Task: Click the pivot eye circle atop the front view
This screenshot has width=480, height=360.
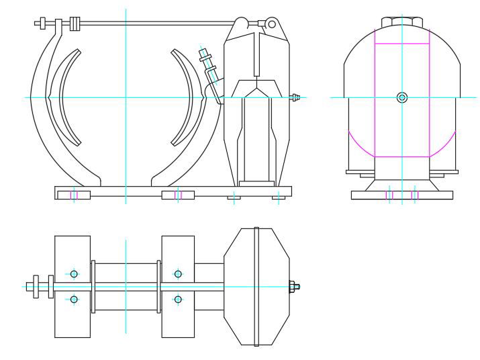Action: point(271,24)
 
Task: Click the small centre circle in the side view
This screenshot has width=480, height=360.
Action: point(401,97)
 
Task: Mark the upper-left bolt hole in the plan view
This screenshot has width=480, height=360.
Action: point(74,273)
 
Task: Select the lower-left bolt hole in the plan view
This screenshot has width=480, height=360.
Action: point(74,299)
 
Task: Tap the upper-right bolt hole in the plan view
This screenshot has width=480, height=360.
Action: point(178,273)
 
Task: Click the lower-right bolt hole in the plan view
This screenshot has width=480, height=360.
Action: point(178,299)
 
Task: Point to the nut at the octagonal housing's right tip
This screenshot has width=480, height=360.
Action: point(295,287)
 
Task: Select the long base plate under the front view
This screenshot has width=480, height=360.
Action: point(172,194)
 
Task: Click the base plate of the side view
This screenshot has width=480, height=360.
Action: point(401,195)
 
